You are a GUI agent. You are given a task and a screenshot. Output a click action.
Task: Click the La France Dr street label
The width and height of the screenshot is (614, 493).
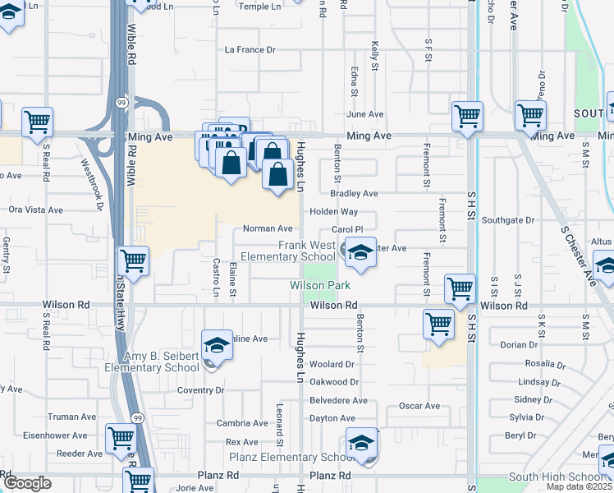point(250,49)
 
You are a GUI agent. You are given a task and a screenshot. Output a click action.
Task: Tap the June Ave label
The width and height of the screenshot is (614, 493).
point(365,114)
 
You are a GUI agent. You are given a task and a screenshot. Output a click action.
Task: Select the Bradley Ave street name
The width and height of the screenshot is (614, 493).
point(354,193)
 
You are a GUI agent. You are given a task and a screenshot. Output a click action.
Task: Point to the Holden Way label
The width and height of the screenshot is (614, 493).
point(333,211)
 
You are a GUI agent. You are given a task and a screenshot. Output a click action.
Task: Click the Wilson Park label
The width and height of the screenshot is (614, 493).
point(320,285)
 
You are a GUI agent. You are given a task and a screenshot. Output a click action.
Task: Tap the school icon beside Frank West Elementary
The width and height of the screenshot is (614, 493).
point(360,252)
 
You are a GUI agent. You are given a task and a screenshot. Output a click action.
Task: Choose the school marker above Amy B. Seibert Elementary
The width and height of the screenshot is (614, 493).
point(217,344)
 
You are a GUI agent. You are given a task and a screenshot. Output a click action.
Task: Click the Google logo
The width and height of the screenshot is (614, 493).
point(27,483)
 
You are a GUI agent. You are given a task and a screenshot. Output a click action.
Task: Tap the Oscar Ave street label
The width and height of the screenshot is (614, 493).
point(419,406)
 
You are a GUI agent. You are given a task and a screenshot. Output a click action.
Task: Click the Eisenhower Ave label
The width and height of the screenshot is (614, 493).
point(55,435)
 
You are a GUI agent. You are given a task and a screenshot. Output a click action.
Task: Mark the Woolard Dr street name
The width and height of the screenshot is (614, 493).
point(332,364)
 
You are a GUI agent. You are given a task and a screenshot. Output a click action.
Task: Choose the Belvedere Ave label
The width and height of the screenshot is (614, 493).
point(338,400)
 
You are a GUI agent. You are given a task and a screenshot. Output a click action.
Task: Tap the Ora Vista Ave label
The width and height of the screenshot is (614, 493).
point(35,210)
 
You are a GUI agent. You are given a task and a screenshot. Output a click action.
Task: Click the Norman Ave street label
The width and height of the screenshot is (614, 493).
point(268,228)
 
